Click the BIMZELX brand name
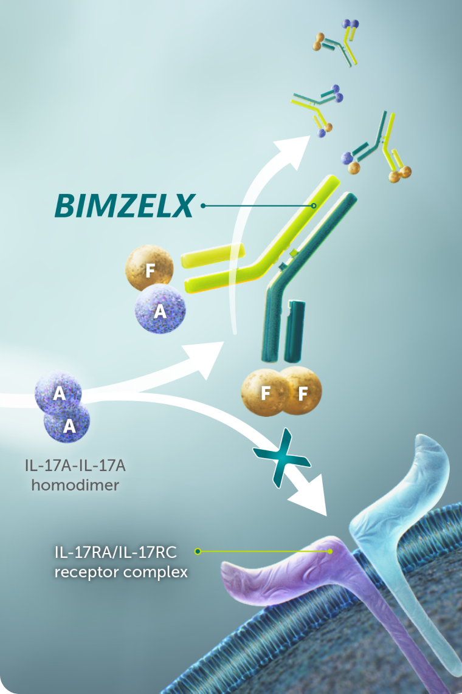pyautogui.click(x=124, y=206)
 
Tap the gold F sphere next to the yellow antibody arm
pyautogui.click(x=150, y=267)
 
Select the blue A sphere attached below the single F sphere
pyautogui.click(x=160, y=310)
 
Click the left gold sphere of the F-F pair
pyautogui.click(x=265, y=392)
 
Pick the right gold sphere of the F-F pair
pyautogui.click(x=300, y=392)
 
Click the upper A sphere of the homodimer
pyautogui.click(x=58, y=393)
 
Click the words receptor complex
pyautogui.click(x=121, y=572)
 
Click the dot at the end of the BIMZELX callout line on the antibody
pyautogui.click(x=314, y=206)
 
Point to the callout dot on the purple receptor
pyautogui.click(x=330, y=552)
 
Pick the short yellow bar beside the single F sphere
pyautogui.click(x=213, y=255)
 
